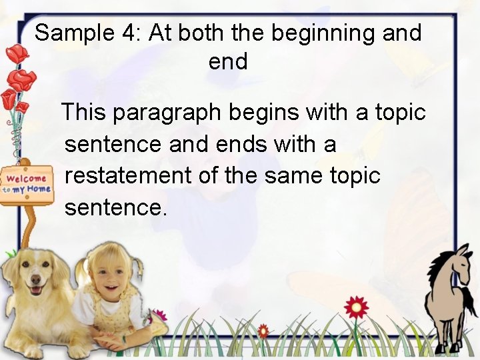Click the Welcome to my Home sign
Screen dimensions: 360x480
click(27, 183)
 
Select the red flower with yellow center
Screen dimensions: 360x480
click(356, 307)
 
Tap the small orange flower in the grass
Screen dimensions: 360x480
click(263, 329)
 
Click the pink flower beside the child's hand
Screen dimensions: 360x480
click(158, 315)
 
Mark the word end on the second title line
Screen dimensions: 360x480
click(228, 62)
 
